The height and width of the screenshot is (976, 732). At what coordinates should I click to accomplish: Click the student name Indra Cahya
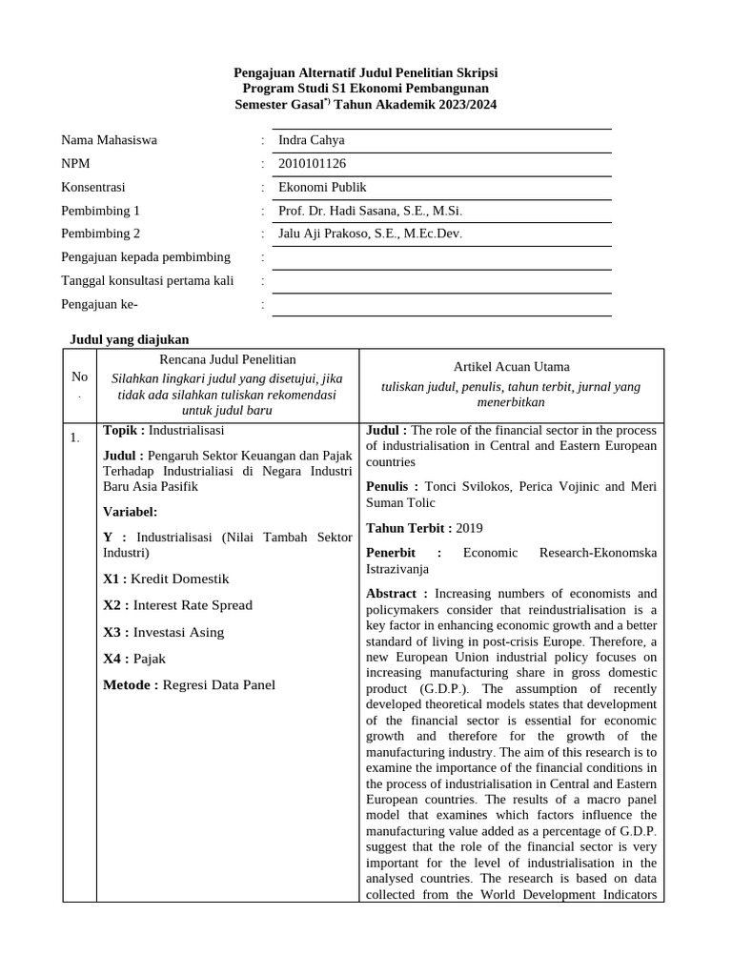click(x=311, y=140)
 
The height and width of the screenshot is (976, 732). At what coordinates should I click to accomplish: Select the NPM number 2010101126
click(x=313, y=164)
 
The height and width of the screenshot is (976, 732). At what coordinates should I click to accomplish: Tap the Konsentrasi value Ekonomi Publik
click(x=321, y=188)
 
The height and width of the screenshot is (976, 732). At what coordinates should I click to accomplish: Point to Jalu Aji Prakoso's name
click(x=370, y=234)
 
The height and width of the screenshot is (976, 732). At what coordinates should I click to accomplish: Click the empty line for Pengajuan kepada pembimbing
click(x=441, y=257)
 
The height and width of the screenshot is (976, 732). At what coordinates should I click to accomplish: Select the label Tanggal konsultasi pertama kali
click(x=148, y=280)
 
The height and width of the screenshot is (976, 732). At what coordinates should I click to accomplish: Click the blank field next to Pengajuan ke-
click(x=441, y=304)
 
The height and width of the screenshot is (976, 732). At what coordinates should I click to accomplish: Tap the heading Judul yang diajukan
click(x=131, y=338)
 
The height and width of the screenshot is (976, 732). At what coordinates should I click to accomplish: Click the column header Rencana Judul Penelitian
click(x=228, y=359)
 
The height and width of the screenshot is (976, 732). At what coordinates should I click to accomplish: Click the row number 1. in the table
click(x=74, y=437)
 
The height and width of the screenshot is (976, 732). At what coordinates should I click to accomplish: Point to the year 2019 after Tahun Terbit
click(x=470, y=528)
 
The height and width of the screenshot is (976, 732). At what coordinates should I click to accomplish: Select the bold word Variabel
click(x=130, y=512)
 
